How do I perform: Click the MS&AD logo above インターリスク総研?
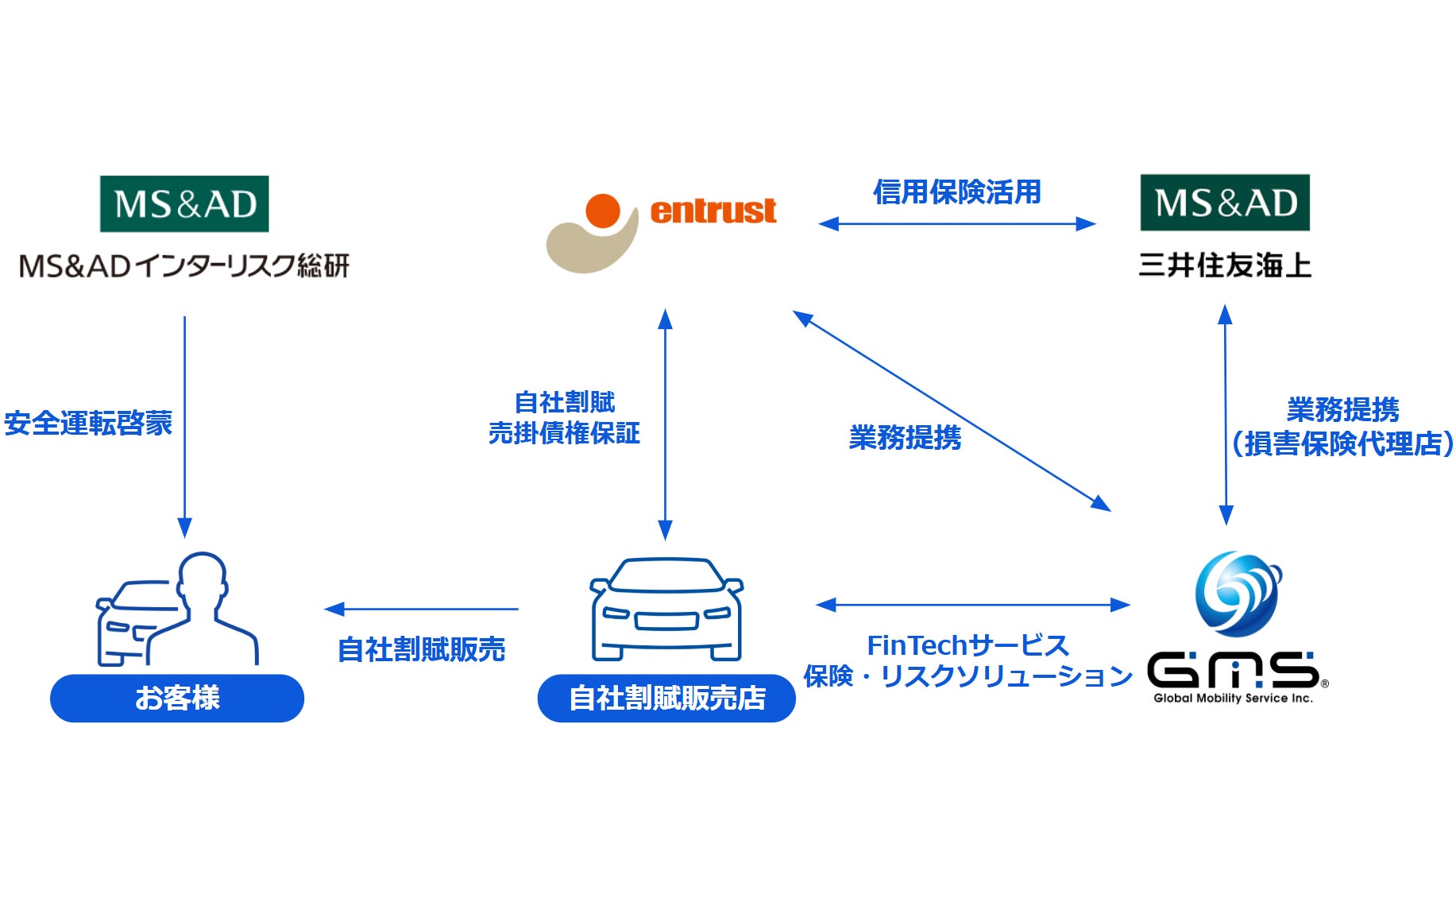point(184,204)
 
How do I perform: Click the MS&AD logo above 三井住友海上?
point(1225,203)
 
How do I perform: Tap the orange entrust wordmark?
point(713,211)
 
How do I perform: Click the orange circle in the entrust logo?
point(603,211)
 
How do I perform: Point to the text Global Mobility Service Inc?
point(1233,699)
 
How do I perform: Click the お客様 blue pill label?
point(177,699)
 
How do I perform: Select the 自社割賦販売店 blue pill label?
point(666,699)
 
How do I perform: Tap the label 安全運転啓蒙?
point(88,423)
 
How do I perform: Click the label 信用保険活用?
point(957,192)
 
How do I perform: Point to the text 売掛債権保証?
point(564,433)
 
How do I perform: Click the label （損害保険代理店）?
point(1342,444)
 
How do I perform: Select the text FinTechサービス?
point(967,645)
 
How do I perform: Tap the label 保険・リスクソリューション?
point(967,676)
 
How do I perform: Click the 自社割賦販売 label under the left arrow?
point(421,649)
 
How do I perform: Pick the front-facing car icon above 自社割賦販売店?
point(666,610)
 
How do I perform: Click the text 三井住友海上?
point(1225,265)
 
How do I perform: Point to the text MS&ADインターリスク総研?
point(184,265)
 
